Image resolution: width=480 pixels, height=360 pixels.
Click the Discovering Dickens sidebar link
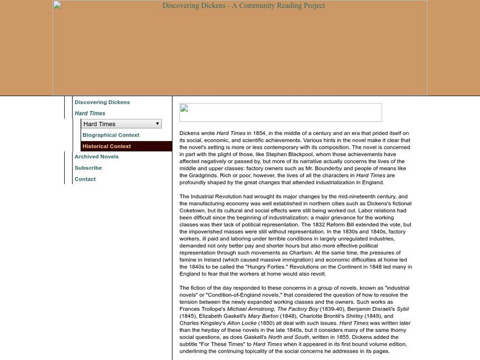pyautogui.click(x=102, y=103)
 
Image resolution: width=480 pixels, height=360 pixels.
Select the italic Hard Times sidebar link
pyautogui.click(x=90, y=113)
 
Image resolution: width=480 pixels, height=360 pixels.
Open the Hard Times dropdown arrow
pyautogui.click(x=157, y=124)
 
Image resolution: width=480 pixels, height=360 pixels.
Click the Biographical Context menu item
pyautogui.click(x=111, y=135)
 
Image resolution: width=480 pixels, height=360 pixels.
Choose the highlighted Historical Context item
pyautogui.click(x=107, y=146)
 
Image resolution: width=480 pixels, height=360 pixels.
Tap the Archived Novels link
pyautogui.click(x=97, y=157)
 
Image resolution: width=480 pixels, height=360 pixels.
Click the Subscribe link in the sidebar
pyautogui.click(x=88, y=168)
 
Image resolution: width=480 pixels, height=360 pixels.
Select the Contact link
pyautogui.click(x=85, y=179)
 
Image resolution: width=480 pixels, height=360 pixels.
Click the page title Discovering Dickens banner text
pyautogui.click(x=244, y=6)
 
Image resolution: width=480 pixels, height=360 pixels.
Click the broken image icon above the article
pyautogui.click(x=184, y=109)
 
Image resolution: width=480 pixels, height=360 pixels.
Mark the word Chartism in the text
pyautogui.click(x=297, y=244)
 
